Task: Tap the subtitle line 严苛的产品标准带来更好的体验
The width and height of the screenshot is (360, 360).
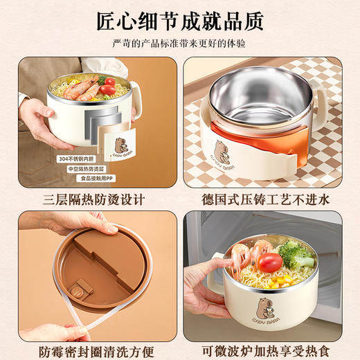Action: point(179,44)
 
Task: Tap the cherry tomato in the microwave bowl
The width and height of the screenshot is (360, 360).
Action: point(271,262)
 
